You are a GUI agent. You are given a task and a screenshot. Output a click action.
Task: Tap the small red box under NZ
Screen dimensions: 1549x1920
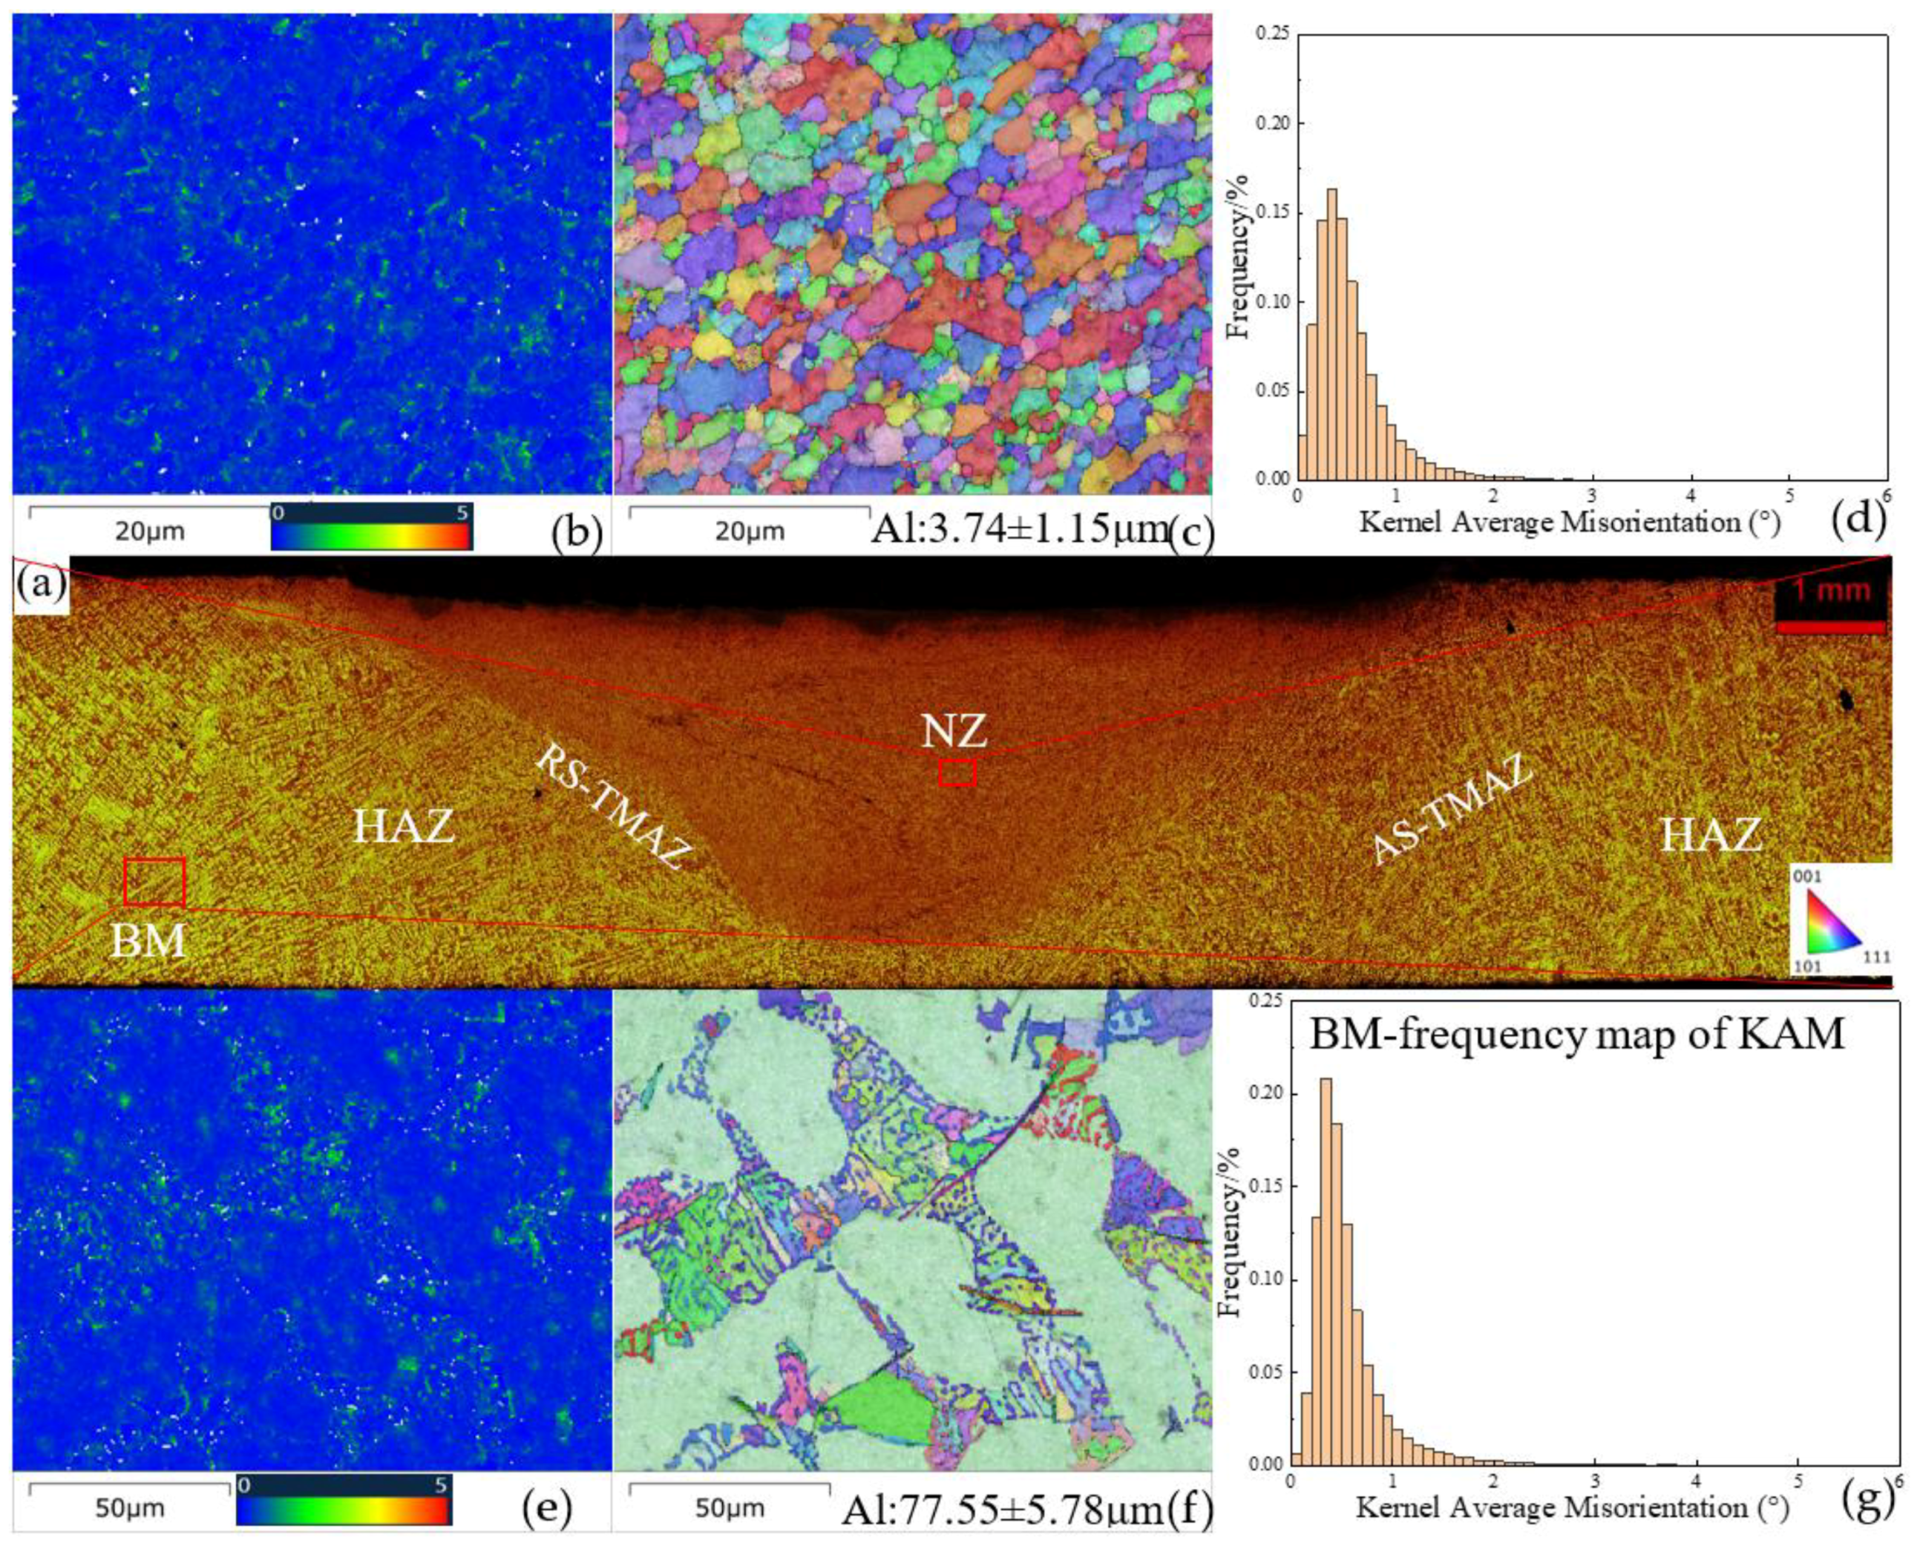tap(957, 772)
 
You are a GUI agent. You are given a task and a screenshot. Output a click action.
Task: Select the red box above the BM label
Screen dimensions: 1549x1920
tap(154, 882)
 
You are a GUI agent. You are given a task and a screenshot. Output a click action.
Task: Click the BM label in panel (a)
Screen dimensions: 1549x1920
tap(148, 940)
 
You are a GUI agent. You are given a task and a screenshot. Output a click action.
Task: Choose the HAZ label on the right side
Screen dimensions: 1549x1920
tap(1711, 836)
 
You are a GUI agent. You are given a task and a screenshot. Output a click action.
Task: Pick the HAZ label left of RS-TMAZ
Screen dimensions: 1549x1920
tap(404, 827)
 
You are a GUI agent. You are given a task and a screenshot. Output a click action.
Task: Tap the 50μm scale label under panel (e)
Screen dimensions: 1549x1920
tap(131, 1509)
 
